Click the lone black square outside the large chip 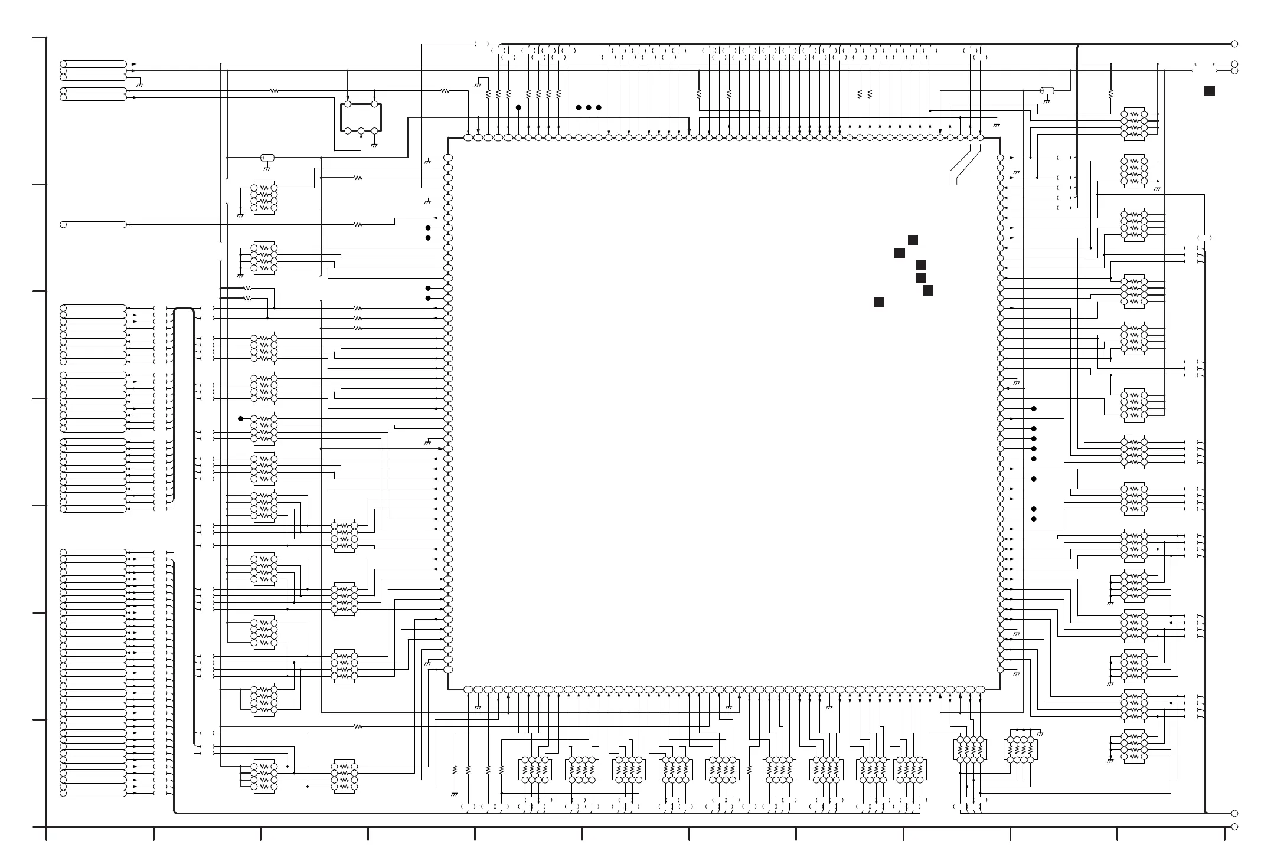1210,91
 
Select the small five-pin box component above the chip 361,117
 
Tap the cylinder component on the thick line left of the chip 267,158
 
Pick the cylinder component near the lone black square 1047,91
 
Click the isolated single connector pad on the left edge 94,225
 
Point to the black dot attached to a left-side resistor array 240,419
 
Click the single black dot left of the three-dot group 518,107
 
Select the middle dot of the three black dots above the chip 589,107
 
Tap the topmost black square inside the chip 913,240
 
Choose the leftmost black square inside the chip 879,302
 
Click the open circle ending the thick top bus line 1234,44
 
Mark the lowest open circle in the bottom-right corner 1234,827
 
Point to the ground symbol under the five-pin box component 374,145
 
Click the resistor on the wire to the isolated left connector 357,225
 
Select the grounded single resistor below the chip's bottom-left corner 455,770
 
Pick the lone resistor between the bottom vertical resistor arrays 749,770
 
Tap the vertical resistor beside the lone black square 1110,93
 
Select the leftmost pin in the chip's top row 468,137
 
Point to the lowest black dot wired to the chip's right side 1034,519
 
